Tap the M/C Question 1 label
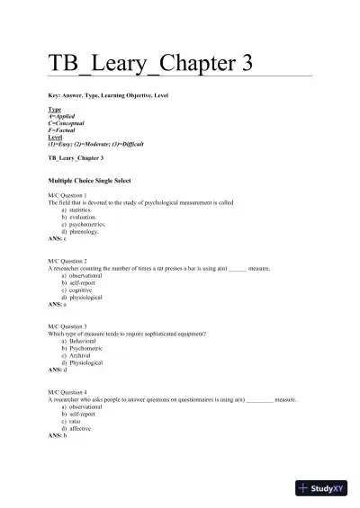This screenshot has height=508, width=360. click(67, 195)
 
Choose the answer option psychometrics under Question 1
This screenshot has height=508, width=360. click(87, 224)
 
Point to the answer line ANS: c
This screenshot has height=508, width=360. click(57, 239)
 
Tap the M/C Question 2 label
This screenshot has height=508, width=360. click(67, 261)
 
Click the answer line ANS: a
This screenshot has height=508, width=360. click(57, 304)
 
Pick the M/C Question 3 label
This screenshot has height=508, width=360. click(67, 325)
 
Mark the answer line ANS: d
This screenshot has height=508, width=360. click(57, 370)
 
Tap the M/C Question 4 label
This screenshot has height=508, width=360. click(67, 391)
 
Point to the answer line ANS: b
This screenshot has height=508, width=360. click(57, 435)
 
